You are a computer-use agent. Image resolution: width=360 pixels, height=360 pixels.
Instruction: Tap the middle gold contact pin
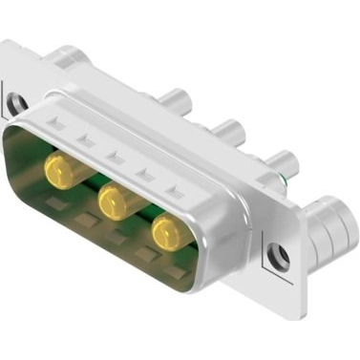coord(115,201)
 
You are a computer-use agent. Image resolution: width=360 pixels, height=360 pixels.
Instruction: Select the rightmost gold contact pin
coord(169,232)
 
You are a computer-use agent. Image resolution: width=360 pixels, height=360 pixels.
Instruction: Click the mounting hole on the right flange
coord(280,256)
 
